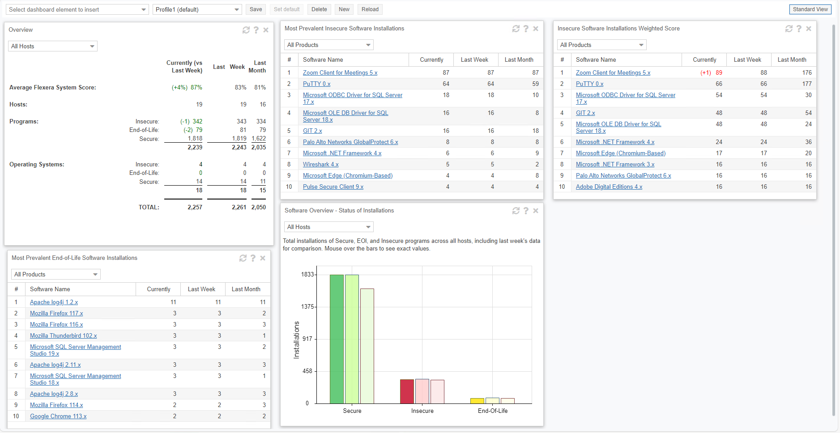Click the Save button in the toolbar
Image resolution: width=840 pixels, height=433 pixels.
click(x=256, y=9)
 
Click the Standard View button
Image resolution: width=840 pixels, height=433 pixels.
click(x=810, y=9)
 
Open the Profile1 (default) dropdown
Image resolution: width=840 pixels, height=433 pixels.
click(x=197, y=9)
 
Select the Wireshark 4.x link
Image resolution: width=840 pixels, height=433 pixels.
click(x=320, y=165)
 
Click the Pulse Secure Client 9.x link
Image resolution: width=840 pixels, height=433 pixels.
click(x=333, y=187)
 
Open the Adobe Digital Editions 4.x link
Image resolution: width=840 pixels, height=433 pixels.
click(x=609, y=187)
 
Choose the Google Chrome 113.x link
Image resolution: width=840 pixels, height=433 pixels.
click(x=58, y=416)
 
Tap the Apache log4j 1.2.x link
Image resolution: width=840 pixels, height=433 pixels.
click(x=54, y=302)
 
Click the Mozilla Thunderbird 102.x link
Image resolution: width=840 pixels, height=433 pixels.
click(x=63, y=336)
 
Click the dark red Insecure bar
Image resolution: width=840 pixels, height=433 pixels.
click(x=407, y=391)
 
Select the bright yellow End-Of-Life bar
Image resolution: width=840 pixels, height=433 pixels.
click(x=477, y=401)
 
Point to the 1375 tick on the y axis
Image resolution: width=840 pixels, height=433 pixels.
click(x=308, y=307)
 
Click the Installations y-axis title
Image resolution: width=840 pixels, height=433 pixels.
click(x=296, y=340)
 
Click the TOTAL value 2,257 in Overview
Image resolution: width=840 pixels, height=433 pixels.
click(x=195, y=208)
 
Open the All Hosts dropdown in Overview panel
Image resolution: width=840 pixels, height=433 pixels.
click(x=52, y=47)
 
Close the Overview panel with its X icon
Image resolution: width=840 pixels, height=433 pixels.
click(x=266, y=30)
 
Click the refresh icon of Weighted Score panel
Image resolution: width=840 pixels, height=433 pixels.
click(x=789, y=29)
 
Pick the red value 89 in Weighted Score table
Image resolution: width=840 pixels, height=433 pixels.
click(x=719, y=73)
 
